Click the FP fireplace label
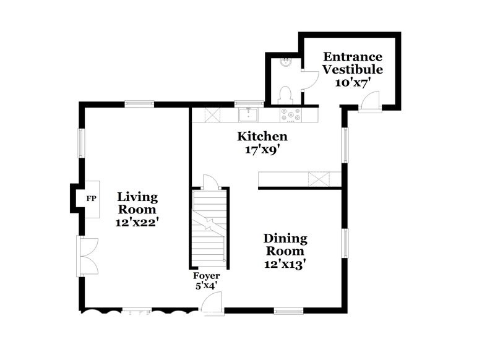91,199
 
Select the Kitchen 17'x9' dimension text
262,149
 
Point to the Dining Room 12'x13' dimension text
285,264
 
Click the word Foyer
206,275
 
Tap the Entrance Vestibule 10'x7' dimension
351,82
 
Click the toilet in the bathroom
285,95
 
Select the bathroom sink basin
285,62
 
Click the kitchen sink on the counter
248,114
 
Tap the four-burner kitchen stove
290,114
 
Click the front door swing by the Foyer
213,304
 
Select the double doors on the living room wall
87,256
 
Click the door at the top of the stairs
210,182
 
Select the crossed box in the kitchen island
319,180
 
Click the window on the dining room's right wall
346,242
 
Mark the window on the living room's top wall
139,104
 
